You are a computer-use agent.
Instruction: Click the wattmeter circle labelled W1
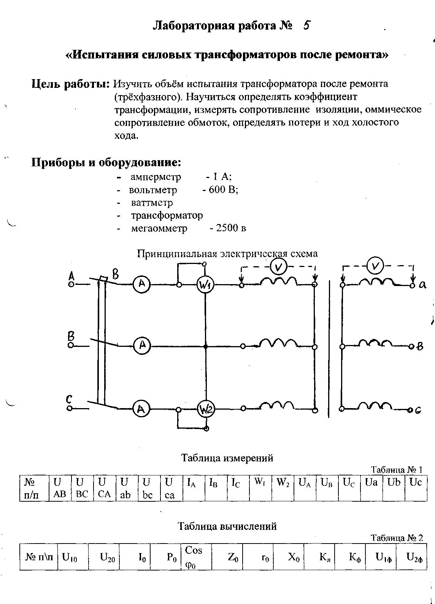(205, 285)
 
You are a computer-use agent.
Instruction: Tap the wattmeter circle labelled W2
(206, 409)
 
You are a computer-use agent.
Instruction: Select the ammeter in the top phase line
(141, 284)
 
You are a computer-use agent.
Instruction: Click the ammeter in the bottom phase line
(141, 409)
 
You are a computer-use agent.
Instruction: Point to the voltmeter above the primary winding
(278, 267)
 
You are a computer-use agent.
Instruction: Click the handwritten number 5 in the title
(306, 25)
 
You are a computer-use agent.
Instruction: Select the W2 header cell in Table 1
(283, 488)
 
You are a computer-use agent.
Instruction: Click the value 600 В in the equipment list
(223, 190)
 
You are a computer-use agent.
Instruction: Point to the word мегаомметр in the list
(159, 228)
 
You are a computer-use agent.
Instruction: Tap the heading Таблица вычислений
(227, 526)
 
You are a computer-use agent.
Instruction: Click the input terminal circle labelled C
(70, 408)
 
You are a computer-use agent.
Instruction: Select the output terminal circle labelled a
(412, 285)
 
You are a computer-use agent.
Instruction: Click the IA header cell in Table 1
(194, 488)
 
